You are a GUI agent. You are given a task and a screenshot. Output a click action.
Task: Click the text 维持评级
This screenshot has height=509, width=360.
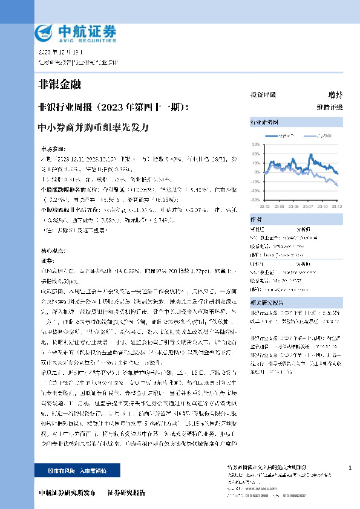click(329, 107)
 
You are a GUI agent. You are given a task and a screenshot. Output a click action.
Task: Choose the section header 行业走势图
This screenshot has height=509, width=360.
click(265, 122)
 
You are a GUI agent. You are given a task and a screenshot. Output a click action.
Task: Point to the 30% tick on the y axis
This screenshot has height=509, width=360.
click(255, 145)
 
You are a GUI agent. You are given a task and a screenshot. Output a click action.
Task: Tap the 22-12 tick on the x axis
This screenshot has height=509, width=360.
click(264, 204)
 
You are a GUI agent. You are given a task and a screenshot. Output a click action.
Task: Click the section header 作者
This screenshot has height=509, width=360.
click(257, 219)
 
